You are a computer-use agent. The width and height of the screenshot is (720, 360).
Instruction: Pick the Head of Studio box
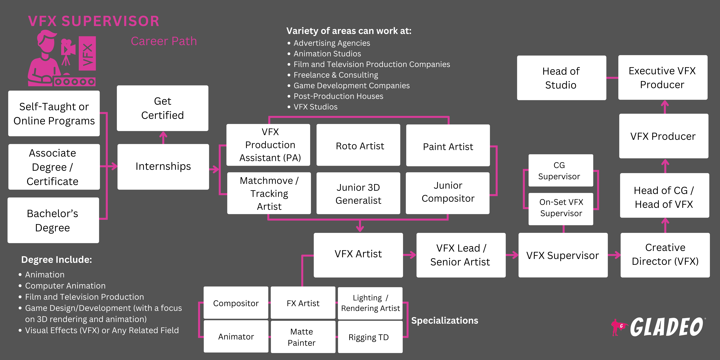click(x=561, y=78)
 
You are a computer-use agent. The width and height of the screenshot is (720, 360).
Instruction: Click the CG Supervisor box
click(x=560, y=171)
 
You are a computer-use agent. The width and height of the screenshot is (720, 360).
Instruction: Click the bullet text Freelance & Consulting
click(x=335, y=75)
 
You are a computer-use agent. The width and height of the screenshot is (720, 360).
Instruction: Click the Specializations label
click(x=444, y=320)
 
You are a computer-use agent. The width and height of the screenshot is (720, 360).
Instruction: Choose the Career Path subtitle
click(x=164, y=41)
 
